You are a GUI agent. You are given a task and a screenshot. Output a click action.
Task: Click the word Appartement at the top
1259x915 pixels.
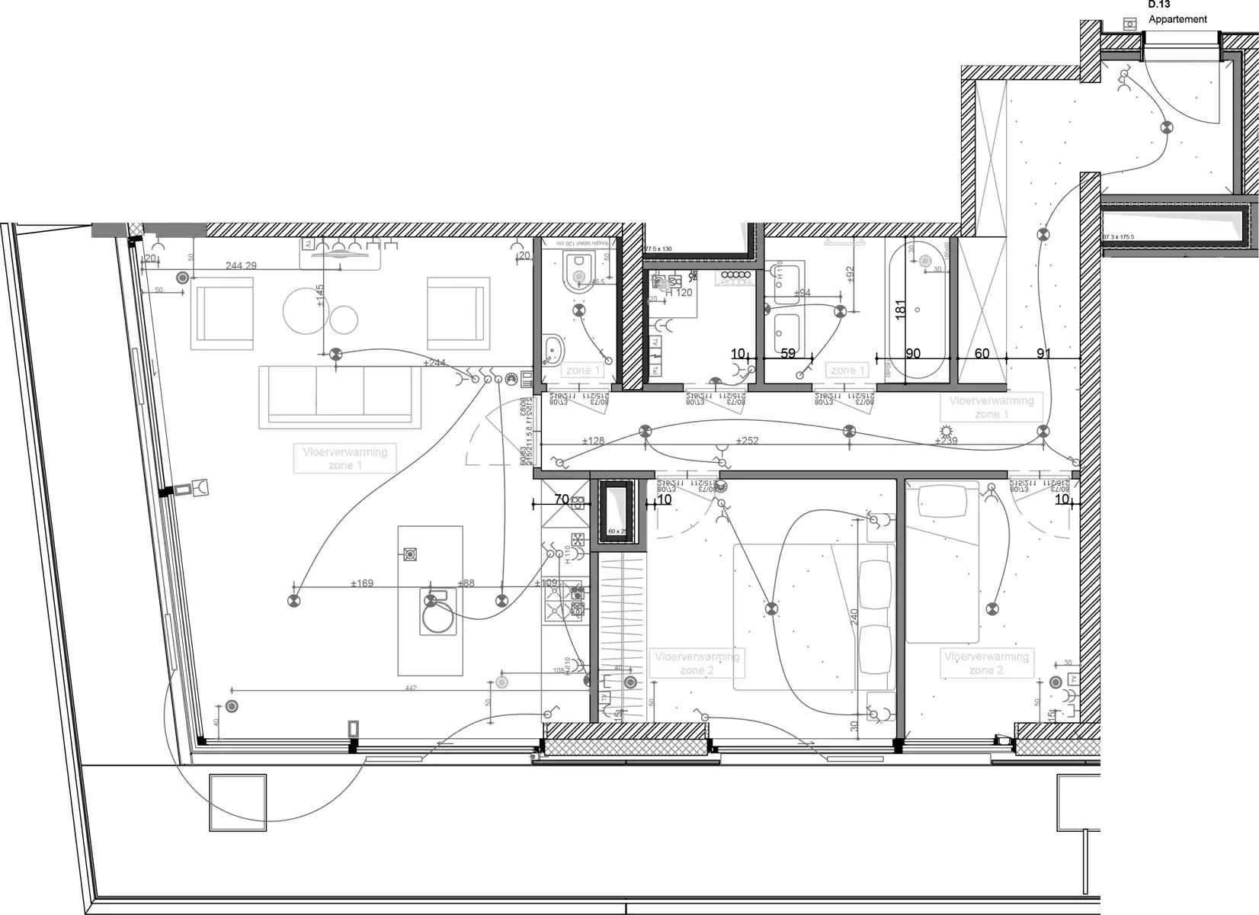point(1177,19)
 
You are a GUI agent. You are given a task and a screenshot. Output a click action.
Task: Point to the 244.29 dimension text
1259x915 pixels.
point(241,266)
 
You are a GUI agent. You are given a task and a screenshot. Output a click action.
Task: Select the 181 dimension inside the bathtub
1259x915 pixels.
point(900,310)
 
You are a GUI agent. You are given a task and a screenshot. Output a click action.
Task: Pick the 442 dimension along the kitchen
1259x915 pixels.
point(411,688)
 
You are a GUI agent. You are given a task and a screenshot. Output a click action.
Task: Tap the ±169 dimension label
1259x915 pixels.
point(362,583)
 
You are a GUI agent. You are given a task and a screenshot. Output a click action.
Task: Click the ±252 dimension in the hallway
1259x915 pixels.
point(748,441)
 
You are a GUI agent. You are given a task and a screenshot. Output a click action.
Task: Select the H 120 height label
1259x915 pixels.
point(679,292)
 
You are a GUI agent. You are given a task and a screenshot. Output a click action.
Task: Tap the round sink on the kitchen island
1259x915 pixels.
point(439,617)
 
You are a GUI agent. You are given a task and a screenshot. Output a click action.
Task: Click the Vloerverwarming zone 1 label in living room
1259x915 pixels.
point(344,458)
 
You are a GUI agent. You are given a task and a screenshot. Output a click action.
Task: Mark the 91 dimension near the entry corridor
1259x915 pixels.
point(1043,354)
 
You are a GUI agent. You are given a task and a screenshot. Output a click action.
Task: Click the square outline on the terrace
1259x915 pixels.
point(238,802)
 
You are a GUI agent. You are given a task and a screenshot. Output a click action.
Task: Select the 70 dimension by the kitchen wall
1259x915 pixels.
point(561,500)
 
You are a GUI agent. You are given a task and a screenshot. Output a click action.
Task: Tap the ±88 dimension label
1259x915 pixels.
point(466,583)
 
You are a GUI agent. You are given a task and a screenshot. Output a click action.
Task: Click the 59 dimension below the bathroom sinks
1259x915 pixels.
point(788,354)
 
